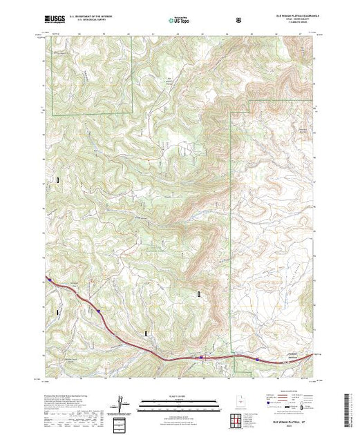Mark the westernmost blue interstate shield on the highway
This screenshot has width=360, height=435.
click(x=98, y=312)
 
